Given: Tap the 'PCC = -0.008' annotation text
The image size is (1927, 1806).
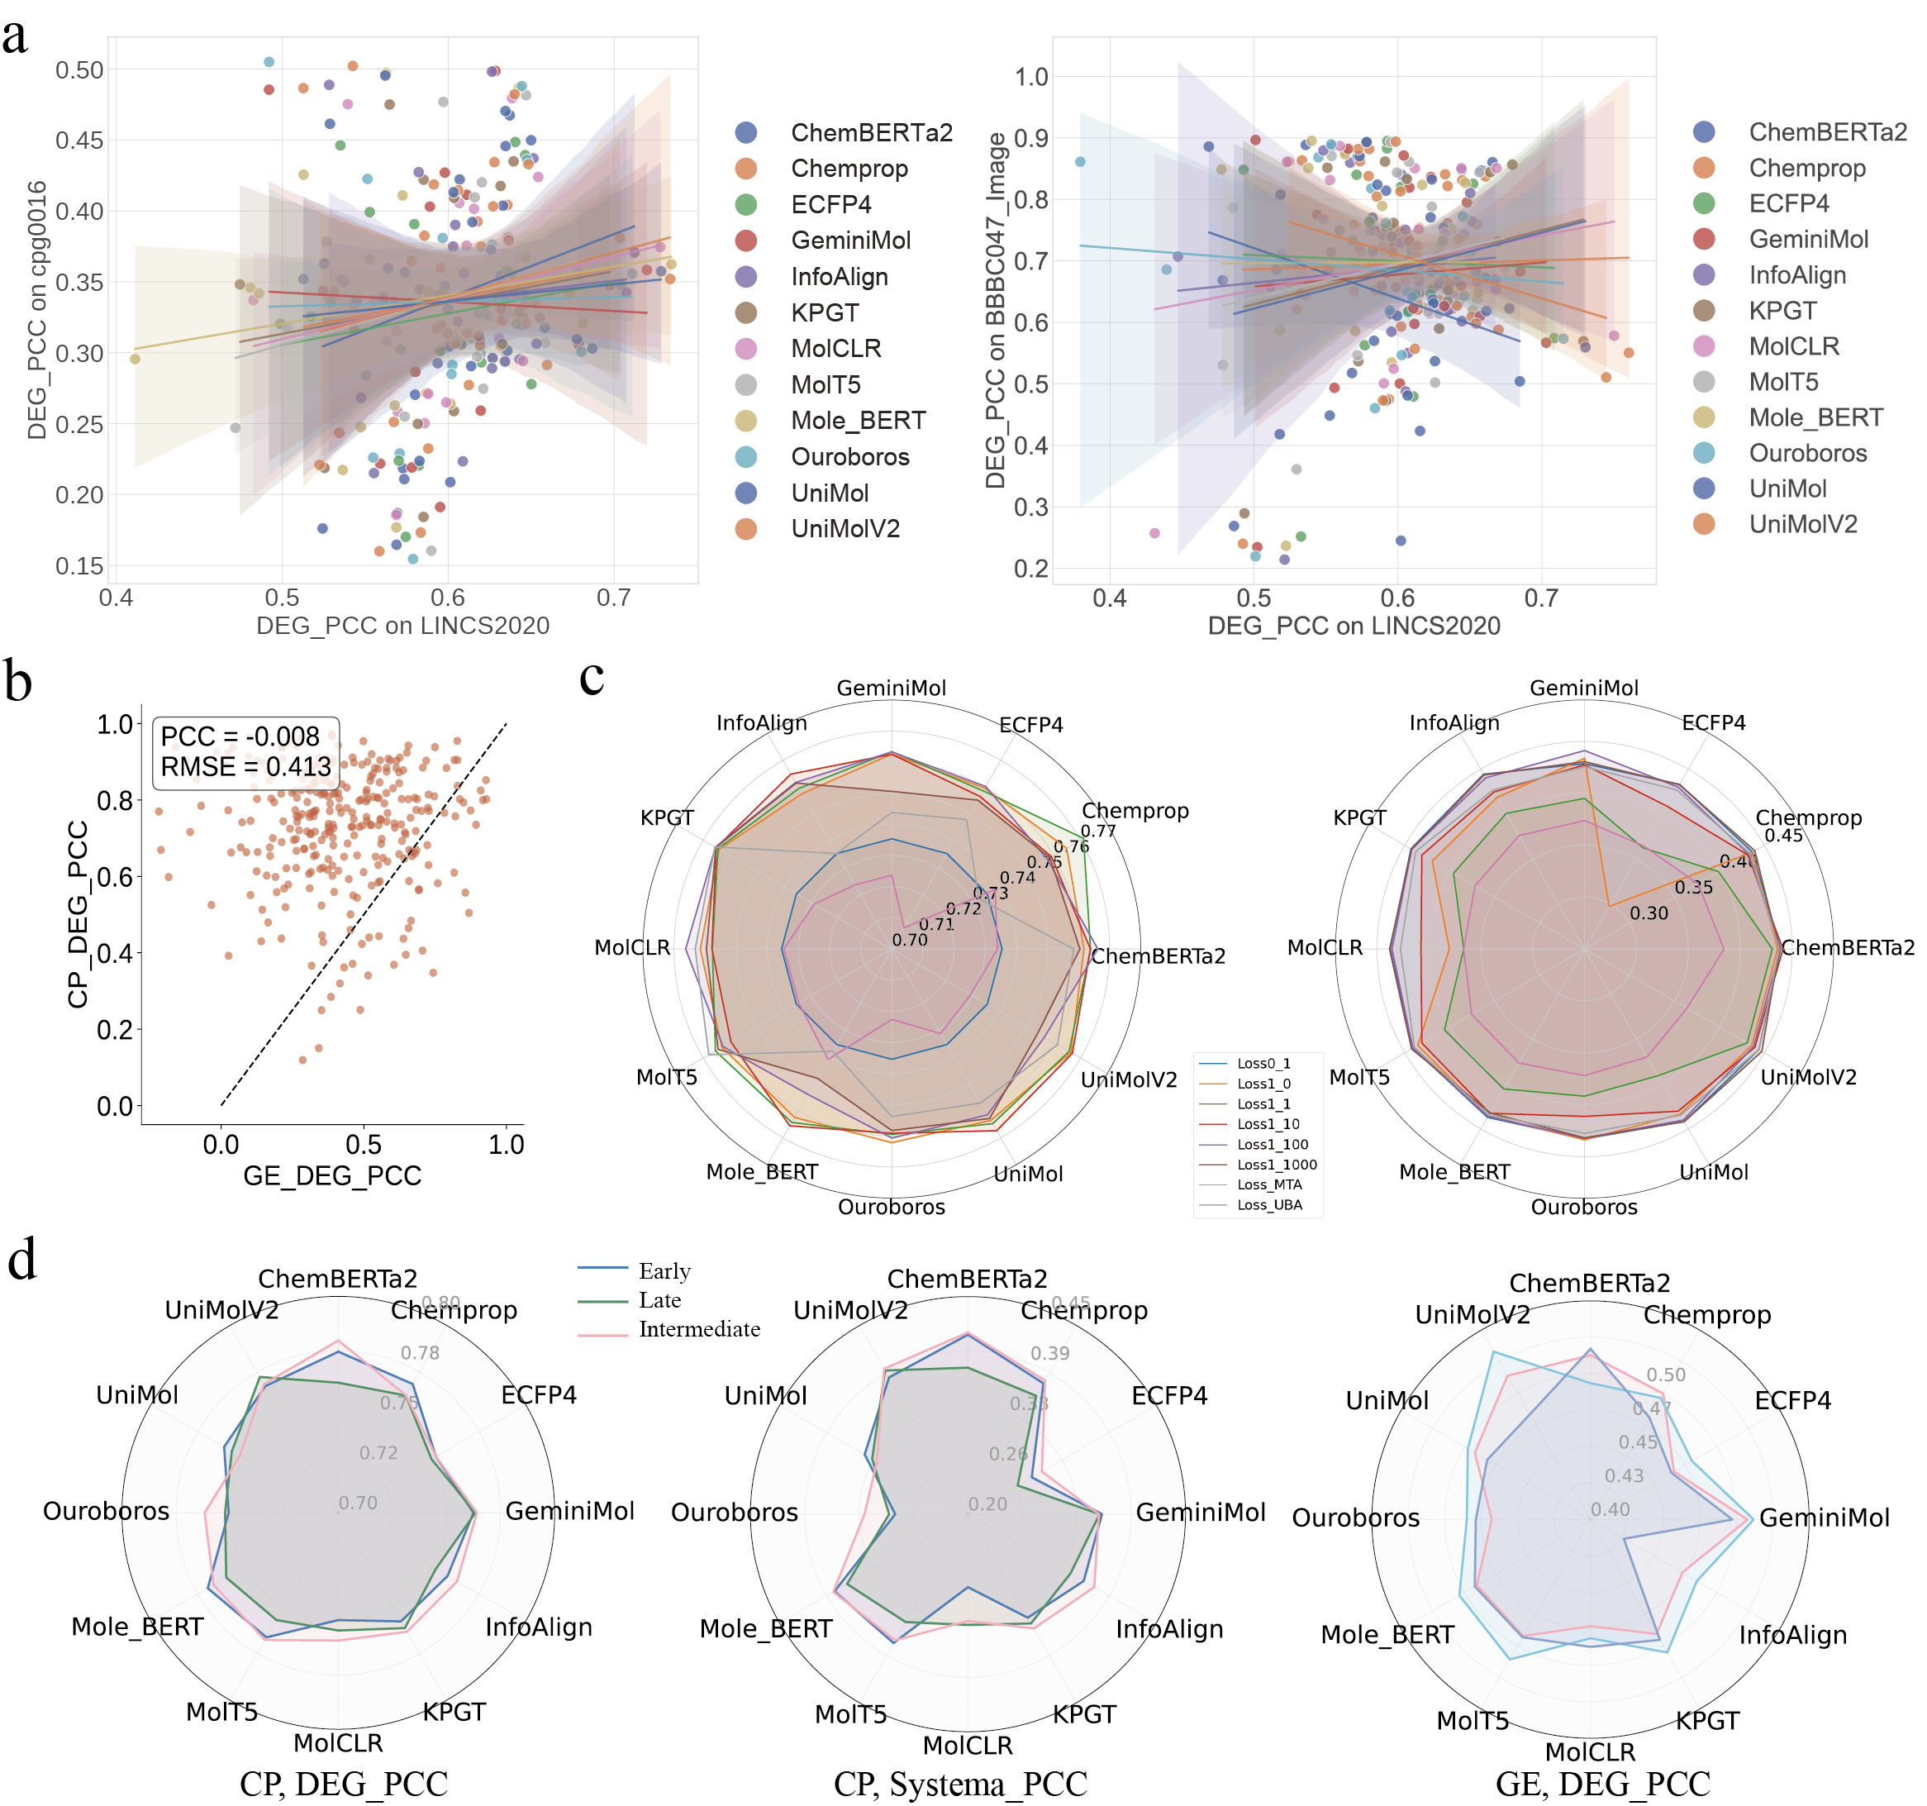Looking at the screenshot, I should [240, 736].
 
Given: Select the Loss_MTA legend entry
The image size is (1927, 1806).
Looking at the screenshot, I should [1269, 1184].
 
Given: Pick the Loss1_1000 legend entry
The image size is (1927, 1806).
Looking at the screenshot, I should [1277, 1165].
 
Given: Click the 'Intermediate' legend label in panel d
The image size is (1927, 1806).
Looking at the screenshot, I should [699, 1329].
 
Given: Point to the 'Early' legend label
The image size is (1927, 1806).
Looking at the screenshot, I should [664, 1271].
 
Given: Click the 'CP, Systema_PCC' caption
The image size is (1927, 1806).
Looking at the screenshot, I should [959, 1785].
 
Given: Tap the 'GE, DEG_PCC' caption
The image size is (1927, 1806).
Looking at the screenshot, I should [1602, 1785].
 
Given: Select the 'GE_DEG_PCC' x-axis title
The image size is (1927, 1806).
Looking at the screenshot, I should [331, 1176].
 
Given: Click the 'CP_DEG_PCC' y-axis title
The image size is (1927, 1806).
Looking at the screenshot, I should [78, 914].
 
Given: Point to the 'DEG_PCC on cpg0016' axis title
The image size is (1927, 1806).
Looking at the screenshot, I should [37, 310].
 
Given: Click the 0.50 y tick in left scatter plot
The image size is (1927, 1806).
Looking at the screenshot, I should [79, 69].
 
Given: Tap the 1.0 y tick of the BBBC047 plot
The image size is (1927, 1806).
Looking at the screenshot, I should [1030, 77].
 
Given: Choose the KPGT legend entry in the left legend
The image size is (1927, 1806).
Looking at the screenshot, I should [824, 312].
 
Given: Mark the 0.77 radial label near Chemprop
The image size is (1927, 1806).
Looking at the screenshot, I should [1098, 831].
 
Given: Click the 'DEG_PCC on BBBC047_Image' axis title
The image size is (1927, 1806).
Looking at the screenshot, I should [996, 310].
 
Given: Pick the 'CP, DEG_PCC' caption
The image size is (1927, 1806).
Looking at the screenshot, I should [343, 1785].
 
